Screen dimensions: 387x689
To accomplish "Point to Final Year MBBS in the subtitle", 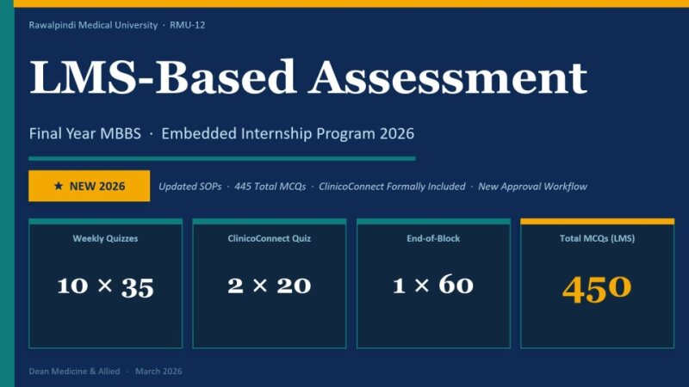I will point(85,134).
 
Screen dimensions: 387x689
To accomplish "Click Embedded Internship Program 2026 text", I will point(288,134).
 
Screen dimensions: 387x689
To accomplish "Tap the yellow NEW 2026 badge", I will point(89,186).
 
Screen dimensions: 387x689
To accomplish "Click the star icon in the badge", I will point(58,186).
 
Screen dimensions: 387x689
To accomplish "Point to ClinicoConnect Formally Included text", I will point(392,187).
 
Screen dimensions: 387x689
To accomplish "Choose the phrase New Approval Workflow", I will point(533,187).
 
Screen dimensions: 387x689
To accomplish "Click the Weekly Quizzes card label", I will point(105,238).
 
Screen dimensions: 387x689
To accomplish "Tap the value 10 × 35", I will point(105,286).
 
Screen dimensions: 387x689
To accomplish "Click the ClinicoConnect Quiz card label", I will point(269,238).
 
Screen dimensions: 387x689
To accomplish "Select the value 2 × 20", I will point(269,286).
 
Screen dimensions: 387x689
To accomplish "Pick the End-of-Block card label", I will point(432,238).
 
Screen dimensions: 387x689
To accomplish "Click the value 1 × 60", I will point(432,286).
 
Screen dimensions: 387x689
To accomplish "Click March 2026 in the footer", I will point(159,372).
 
